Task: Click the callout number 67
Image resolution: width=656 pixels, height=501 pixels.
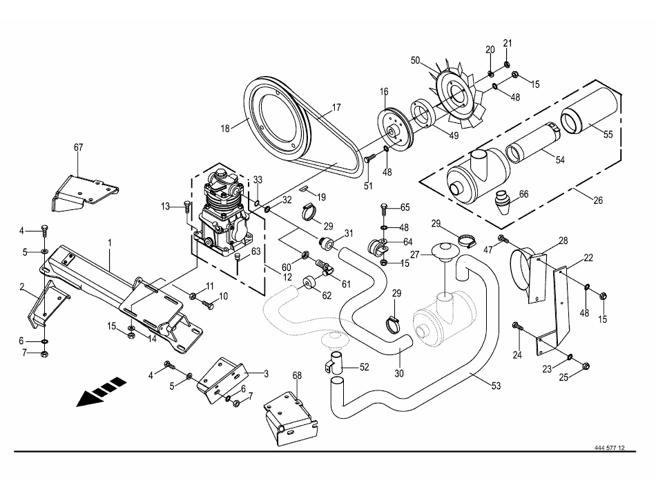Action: coord(78,147)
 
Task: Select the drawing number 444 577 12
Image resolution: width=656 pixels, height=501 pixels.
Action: coord(609,448)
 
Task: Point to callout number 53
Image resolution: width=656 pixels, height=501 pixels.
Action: coord(496,387)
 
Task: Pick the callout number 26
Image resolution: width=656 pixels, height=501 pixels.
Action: coord(598,200)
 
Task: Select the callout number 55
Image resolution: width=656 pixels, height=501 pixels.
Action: coord(608,134)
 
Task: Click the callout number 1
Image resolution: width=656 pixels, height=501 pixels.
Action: coord(109,243)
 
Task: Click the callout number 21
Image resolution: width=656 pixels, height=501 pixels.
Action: coord(508,44)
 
